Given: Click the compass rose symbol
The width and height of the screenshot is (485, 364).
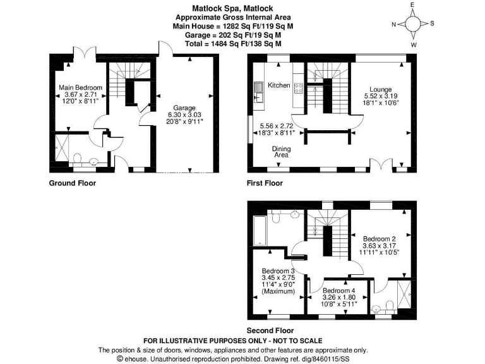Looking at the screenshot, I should tap(412, 25).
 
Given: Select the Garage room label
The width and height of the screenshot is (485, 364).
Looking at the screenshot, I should tap(185, 108).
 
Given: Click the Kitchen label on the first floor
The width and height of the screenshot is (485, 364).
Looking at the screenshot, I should tap(278, 85).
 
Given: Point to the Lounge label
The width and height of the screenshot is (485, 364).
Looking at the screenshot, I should tap(381, 89).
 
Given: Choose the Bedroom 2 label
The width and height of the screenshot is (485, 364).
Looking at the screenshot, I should tap(378, 238).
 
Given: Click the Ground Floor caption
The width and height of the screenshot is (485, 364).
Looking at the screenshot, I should tap(73, 184).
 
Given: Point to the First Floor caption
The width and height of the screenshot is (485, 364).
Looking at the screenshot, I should tap(265, 184).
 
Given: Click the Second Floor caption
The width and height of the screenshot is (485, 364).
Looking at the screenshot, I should tap(270, 331).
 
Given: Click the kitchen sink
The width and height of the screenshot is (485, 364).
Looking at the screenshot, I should tap(258, 95).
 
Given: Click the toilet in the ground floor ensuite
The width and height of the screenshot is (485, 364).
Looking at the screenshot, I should tap(76, 158).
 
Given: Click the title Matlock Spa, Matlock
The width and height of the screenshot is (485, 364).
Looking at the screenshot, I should tap(233, 9).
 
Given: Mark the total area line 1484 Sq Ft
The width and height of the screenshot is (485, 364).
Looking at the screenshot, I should tap(233, 44).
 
